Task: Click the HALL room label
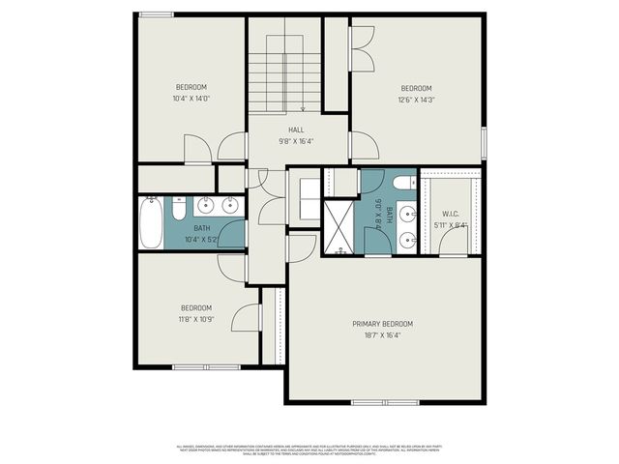point(296,129)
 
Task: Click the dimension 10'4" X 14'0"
point(192,98)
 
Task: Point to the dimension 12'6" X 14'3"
point(416,99)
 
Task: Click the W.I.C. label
point(451,214)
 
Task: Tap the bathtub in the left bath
point(149,221)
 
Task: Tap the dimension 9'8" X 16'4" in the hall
point(296,141)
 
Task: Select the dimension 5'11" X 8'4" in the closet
point(451,225)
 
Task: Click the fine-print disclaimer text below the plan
point(309,449)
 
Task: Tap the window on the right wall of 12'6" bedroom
point(485,141)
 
